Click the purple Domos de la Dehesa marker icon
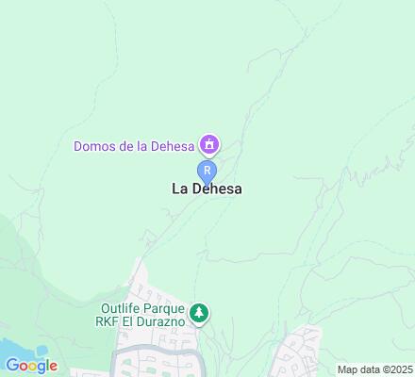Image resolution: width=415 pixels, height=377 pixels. click(207, 145)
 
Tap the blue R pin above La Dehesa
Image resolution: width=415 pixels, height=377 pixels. click(207, 170)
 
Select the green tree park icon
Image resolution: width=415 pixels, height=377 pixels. click(199, 312)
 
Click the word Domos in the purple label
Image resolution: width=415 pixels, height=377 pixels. click(95, 146)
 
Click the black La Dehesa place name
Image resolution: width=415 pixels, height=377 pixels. click(207, 188)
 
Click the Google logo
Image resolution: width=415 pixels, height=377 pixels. click(31, 366)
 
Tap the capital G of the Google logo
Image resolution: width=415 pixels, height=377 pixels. click(12, 366)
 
